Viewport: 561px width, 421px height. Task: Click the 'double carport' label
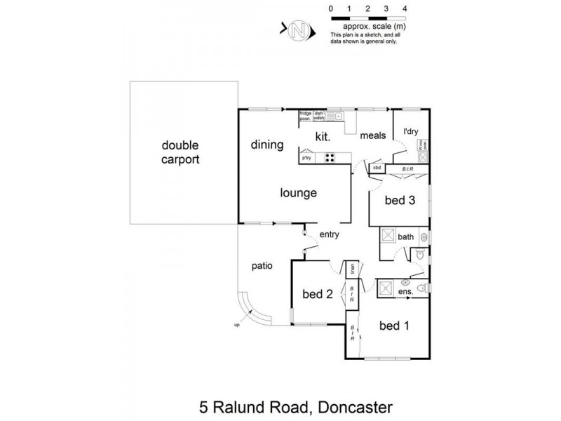(180, 152)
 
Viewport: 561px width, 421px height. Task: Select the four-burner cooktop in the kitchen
(330, 158)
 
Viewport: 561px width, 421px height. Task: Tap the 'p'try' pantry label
(306, 159)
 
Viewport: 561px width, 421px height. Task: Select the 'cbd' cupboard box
(377, 168)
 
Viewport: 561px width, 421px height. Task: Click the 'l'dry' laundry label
(410, 131)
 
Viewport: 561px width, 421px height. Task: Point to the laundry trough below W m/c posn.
(423, 159)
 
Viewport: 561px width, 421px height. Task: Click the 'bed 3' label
(400, 201)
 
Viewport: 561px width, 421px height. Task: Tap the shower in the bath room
(388, 237)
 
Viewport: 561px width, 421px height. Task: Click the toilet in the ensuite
(422, 288)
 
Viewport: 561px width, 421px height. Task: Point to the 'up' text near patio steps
(236, 324)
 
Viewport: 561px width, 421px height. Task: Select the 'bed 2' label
(317, 294)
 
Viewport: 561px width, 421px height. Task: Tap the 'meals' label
(373, 136)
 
